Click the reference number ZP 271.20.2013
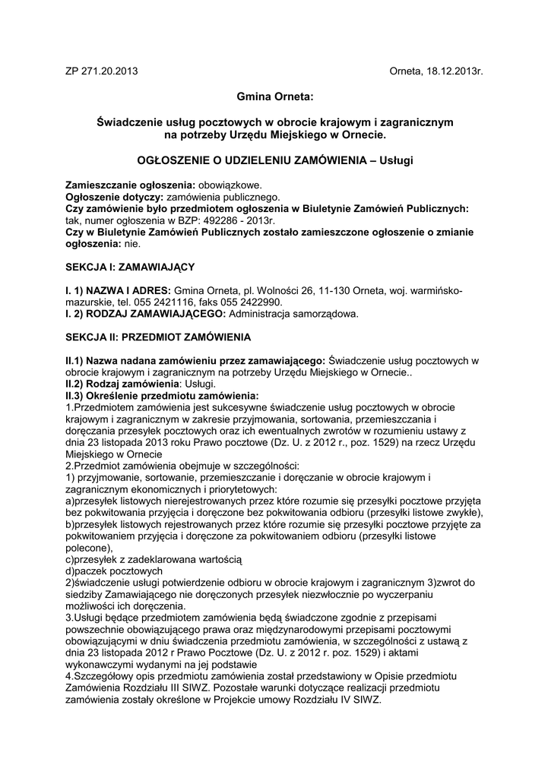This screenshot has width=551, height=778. click(x=102, y=71)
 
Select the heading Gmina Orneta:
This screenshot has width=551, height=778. click(x=275, y=97)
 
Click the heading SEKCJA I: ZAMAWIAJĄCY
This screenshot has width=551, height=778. click(x=131, y=267)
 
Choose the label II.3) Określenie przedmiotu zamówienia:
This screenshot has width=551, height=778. click(x=162, y=396)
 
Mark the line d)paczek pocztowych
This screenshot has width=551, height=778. click(x=114, y=571)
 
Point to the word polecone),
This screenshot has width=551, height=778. click(x=89, y=548)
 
